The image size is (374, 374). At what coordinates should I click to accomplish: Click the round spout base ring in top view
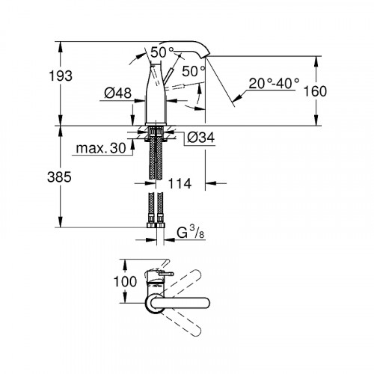(154, 303)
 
